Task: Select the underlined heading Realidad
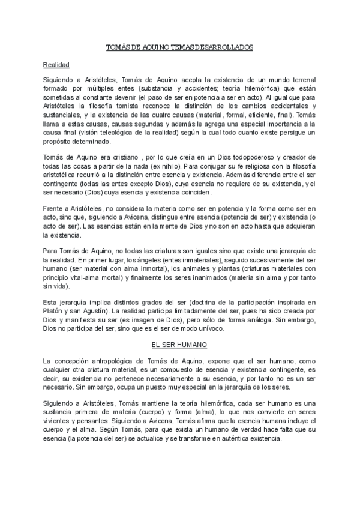coord(56,64)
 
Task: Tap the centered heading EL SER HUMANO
coord(179,345)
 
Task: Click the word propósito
coord(61,142)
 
